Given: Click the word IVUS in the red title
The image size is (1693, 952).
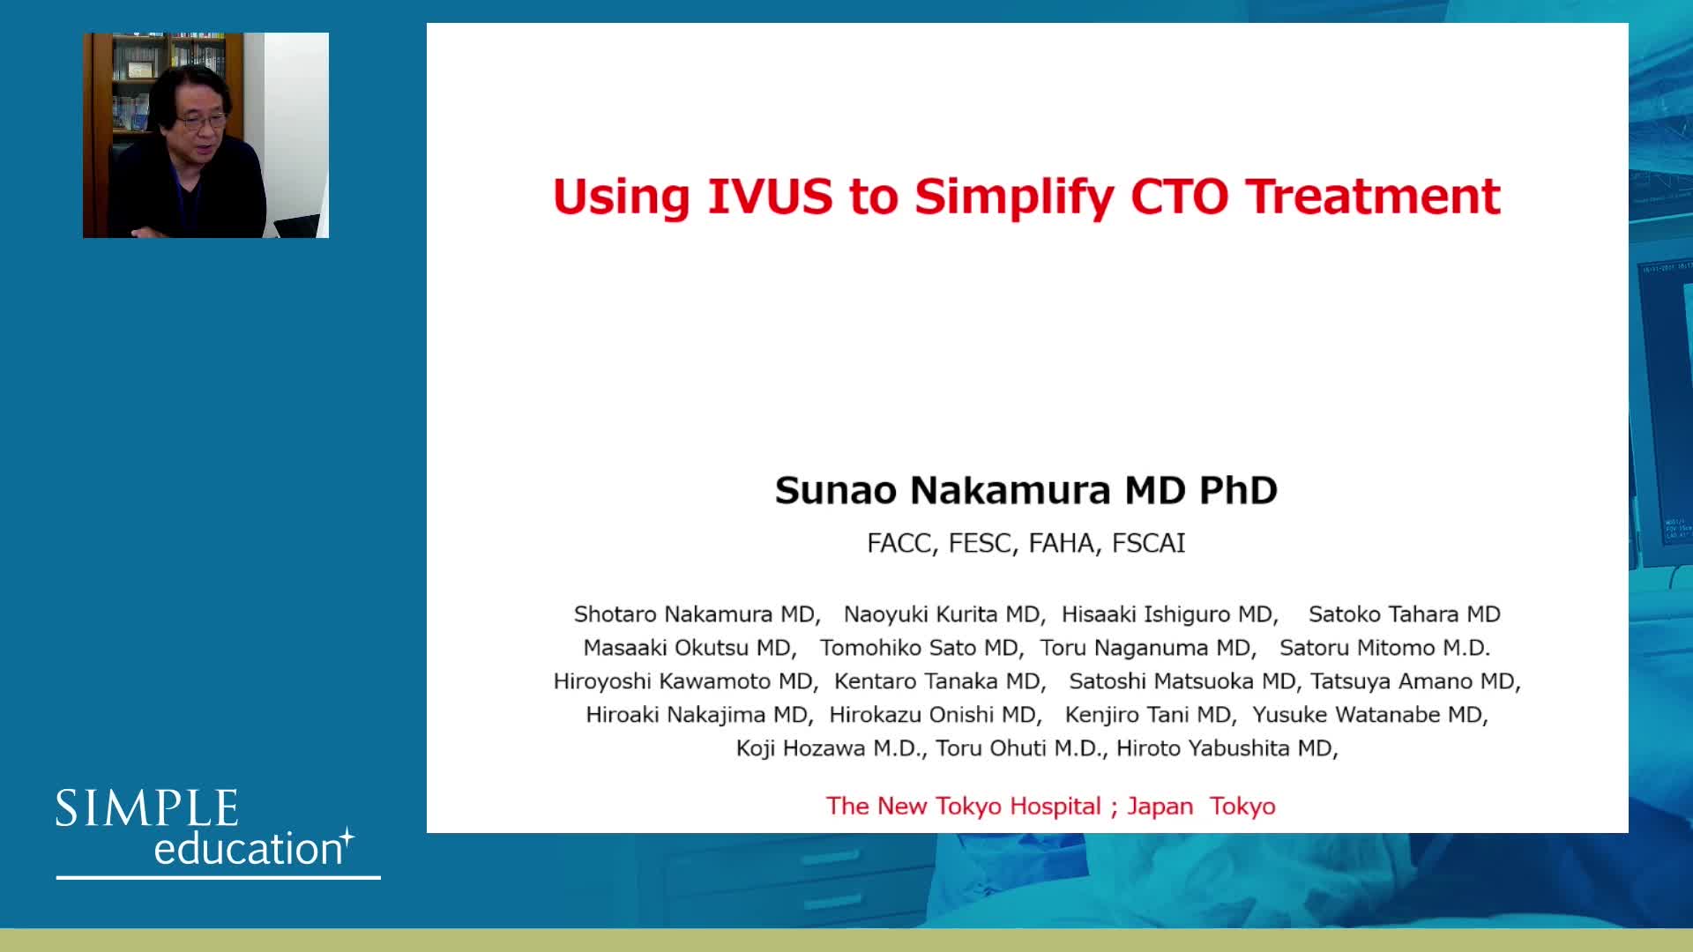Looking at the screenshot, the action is click(770, 197).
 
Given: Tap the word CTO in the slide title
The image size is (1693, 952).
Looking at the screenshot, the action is click(1180, 197).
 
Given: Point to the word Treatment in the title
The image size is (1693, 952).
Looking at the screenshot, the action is click(1373, 197).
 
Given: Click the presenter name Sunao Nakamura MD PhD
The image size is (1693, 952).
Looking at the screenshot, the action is click(1026, 490).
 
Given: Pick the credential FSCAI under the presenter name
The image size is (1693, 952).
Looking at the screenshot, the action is click(1148, 543).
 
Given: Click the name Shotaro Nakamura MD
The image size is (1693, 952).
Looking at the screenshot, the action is click(695, 614).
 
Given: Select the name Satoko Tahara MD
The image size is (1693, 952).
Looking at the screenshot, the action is click(1405, 614).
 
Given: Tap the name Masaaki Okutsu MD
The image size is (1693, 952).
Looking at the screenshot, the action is click(688, 648).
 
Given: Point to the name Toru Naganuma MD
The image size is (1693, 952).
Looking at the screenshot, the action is click(1145, 648).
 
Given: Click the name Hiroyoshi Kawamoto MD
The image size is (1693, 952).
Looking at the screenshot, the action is click(683, 681).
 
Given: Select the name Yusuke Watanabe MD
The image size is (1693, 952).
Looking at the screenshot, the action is click(1368, 715).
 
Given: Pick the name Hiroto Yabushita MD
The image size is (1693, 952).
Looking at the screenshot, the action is click(1225, 748).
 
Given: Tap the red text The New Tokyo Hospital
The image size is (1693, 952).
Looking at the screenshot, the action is click(964, 806).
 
